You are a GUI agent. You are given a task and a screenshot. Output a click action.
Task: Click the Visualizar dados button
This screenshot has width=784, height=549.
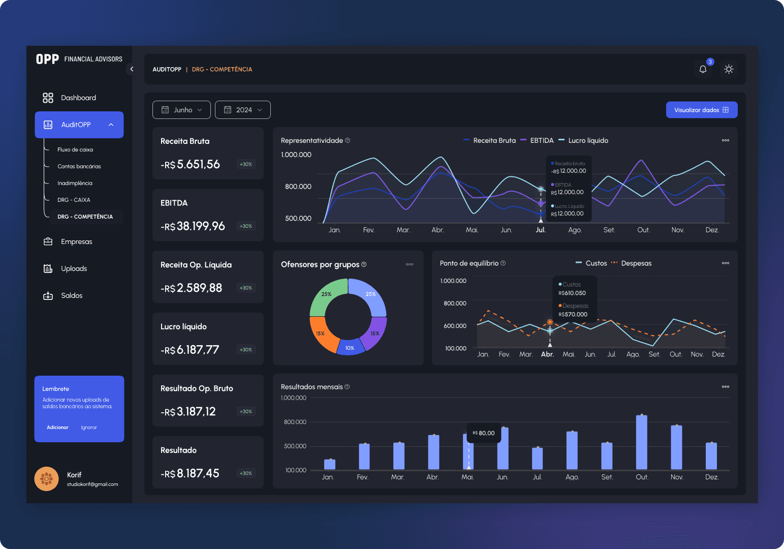coord(701,110)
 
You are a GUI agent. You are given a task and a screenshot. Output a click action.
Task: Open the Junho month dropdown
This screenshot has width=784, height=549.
coord(181,110)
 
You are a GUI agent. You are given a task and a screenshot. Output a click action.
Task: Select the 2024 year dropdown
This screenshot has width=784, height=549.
coord(242,110)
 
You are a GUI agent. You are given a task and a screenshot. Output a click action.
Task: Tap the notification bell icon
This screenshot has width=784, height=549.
coord(703,69)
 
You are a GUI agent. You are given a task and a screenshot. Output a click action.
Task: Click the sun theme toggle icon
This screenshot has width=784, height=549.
coord(729,69)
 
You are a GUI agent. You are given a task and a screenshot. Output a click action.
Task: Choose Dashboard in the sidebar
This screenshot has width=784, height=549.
coord(78,98)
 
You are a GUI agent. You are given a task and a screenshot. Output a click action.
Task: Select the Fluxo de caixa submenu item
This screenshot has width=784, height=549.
coord(75,149)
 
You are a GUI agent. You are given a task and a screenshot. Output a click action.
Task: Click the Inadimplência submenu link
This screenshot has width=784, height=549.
coord(75,183)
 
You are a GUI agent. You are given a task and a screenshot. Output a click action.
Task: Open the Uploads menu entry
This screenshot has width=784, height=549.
coord(74,268)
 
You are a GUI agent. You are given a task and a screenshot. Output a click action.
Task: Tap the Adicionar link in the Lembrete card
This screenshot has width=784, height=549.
coord(57,428)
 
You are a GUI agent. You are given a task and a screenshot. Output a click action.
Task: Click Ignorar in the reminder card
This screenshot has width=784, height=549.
coord(89,428)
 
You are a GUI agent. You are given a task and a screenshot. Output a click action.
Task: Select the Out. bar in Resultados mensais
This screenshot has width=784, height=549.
coord(642,442)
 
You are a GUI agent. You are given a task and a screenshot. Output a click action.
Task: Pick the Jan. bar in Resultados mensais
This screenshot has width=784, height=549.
coord(329,464)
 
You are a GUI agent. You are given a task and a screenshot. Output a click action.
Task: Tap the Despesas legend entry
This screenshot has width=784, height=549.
coord(636,263)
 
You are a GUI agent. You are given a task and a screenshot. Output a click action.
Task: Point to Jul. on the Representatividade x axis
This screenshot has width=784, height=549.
coord(541,230)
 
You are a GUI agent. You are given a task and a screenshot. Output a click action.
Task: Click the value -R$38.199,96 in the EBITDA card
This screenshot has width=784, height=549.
coord(193,226)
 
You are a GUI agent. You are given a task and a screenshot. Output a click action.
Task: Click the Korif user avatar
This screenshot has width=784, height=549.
coord(46,479)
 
